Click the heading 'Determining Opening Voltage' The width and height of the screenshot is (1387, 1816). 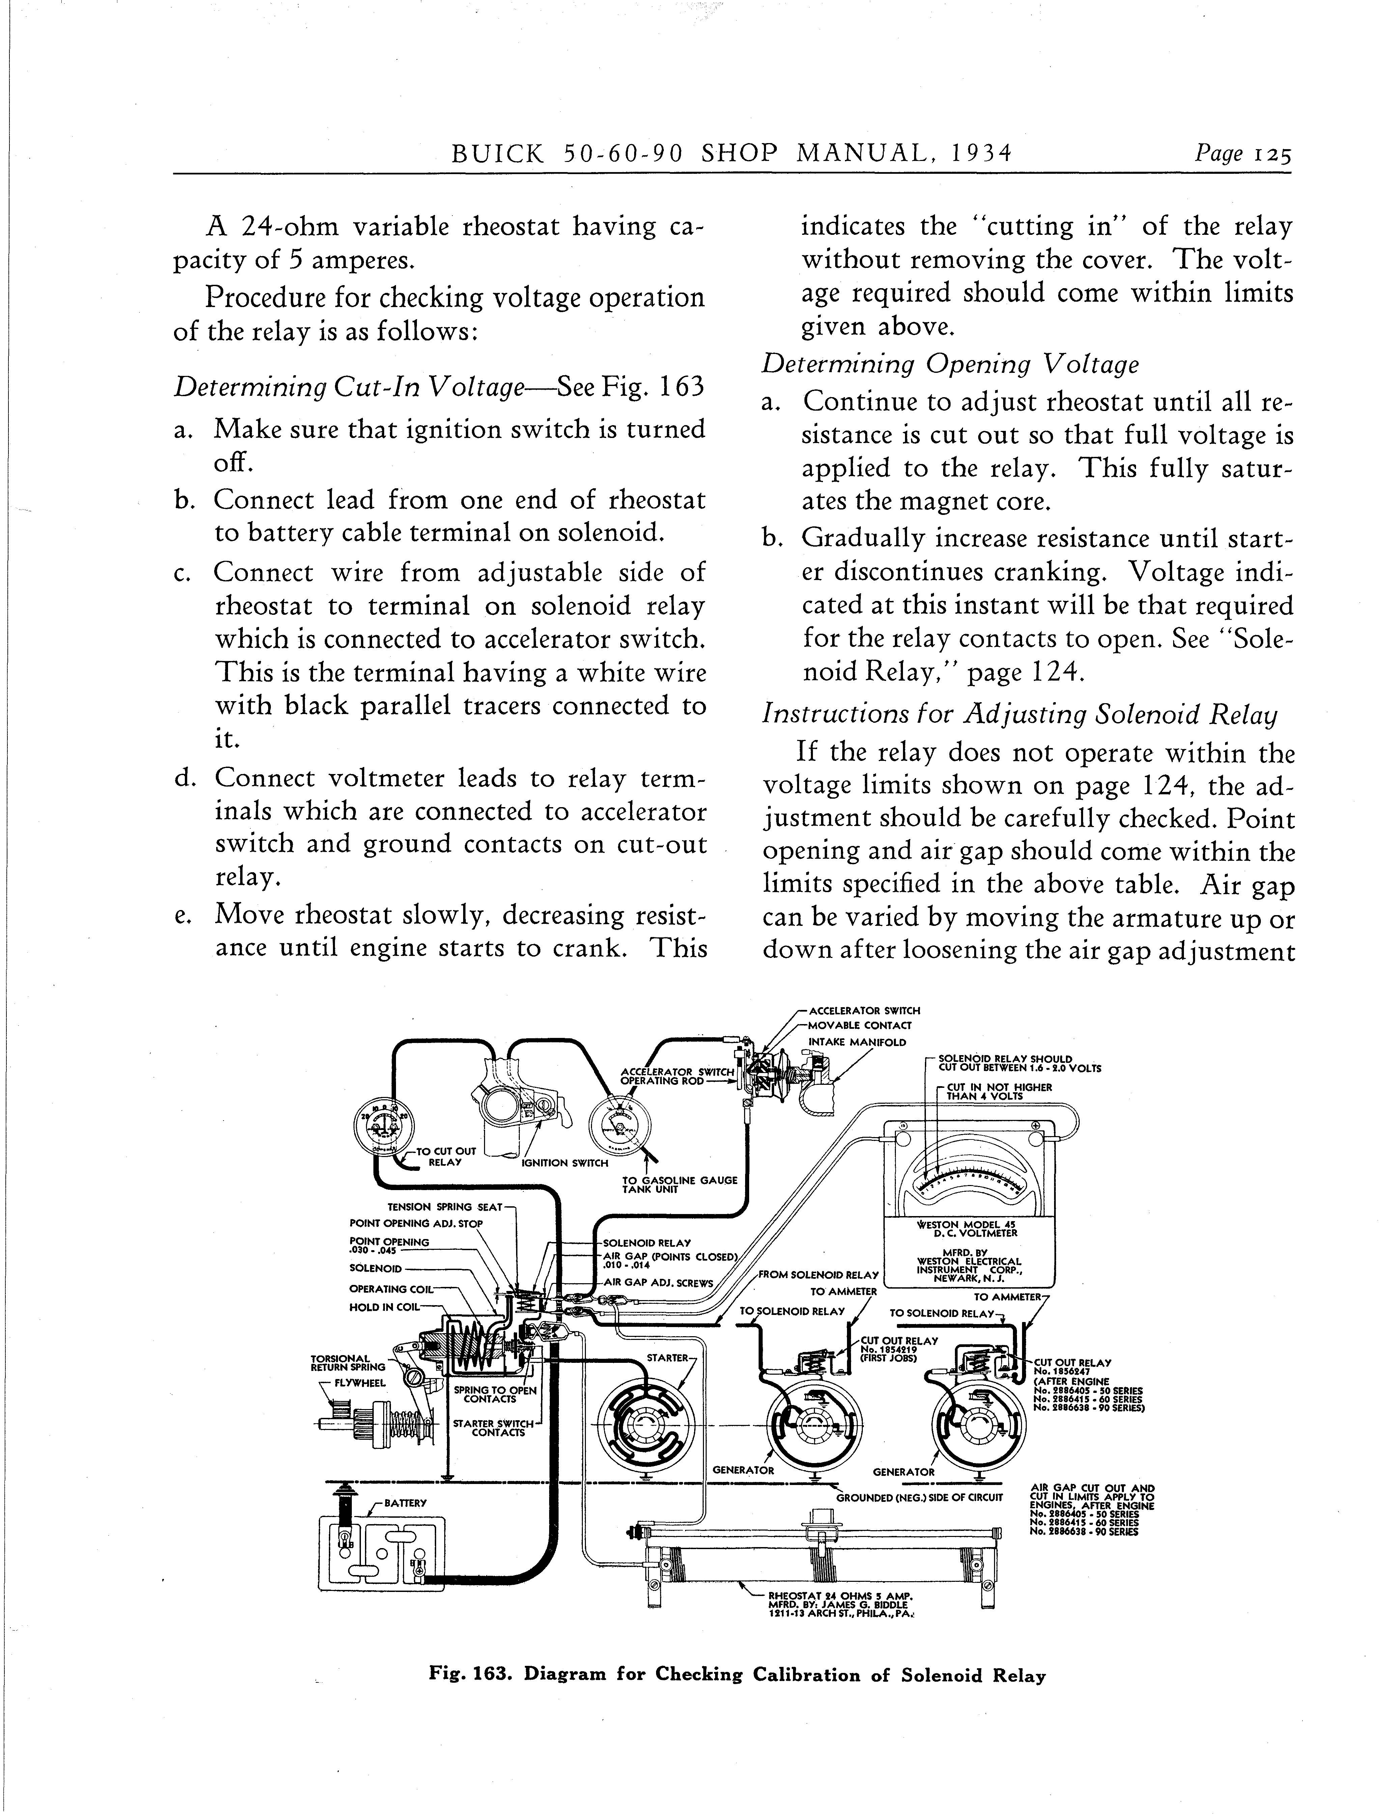(950, 364)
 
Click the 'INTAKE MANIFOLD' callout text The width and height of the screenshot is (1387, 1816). (857, 1042)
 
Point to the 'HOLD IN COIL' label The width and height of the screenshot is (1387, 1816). (385, 1307)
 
